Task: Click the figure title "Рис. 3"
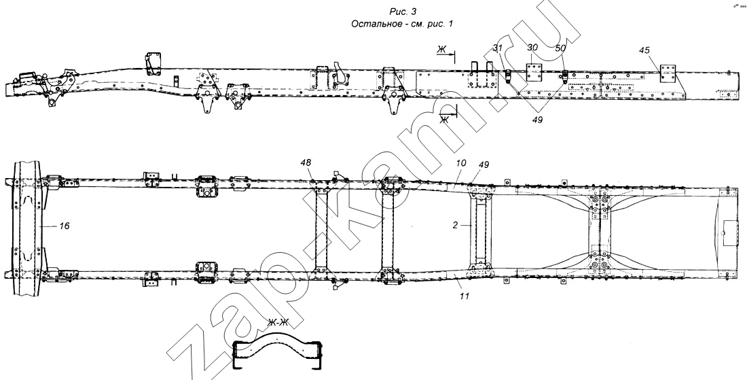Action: click(x=403, y=12)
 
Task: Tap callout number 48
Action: click(x=306, y=162)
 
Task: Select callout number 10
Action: click(x=460, y=162)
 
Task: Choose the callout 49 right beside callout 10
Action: click(x=484, y=165)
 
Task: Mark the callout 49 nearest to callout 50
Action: click(x=537, y=120)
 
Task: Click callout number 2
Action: click(x=456, y=226)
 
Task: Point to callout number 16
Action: click(x=65, y=226)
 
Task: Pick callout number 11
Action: click(x=464, y=296)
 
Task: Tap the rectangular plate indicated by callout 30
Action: click(x=534, y=71)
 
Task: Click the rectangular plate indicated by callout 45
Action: click(x=668, y=73)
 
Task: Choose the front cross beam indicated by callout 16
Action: click(x=29, y=228)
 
